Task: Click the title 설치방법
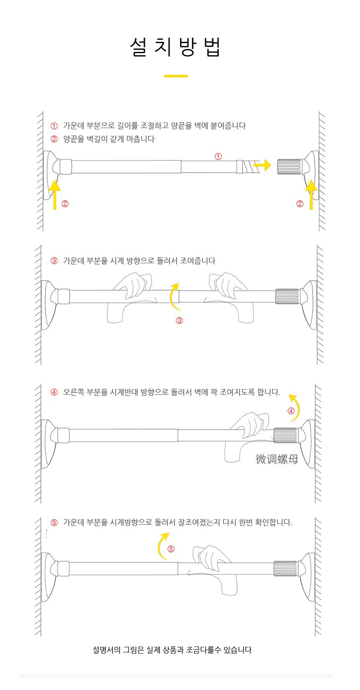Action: [175, 47]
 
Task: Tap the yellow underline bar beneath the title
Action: [176, 76]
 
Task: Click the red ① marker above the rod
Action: [218, 156]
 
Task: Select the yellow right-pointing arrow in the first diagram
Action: [262, 165]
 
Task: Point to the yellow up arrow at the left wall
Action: [55, 195]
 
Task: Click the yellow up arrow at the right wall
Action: [311, 195]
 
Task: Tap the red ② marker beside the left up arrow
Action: [65, 204]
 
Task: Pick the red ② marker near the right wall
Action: [300, 204]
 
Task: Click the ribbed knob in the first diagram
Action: [289, 167]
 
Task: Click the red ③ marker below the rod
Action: [180, 321]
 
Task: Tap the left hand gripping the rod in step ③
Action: [131, 296]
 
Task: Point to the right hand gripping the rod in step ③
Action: [230, 296]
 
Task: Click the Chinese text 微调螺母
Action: [277, 459]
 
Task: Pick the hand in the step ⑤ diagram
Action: [213, 569]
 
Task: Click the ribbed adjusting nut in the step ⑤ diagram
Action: [285, 568]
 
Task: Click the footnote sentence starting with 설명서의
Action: [172, 650]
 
